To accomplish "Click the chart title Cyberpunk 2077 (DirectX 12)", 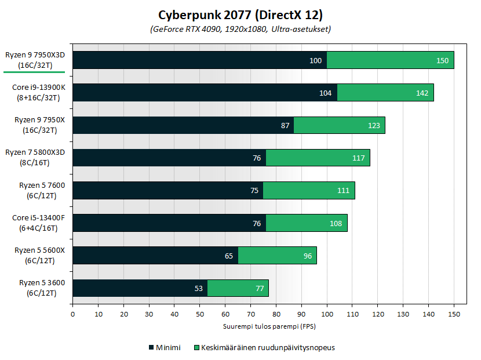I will click(x=240, y=14).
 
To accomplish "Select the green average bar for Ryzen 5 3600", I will click(x=238, y=288).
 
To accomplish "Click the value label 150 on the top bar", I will click(x=443, y=60).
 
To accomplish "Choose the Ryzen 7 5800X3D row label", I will click(x=35, y=158).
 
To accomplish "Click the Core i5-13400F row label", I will click(x=35, y=223).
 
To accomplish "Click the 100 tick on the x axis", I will click(x=327, y=314).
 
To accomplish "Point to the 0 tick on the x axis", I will click(x=72, y=314).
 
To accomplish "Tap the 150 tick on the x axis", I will click(x=454, y=314).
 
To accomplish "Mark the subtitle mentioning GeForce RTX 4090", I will click(x=240, y=29).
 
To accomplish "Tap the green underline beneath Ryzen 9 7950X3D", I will click(x=35, y=74).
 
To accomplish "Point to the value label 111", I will click(x=342, y=191).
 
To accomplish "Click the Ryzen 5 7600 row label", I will click(x=35, y=190).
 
